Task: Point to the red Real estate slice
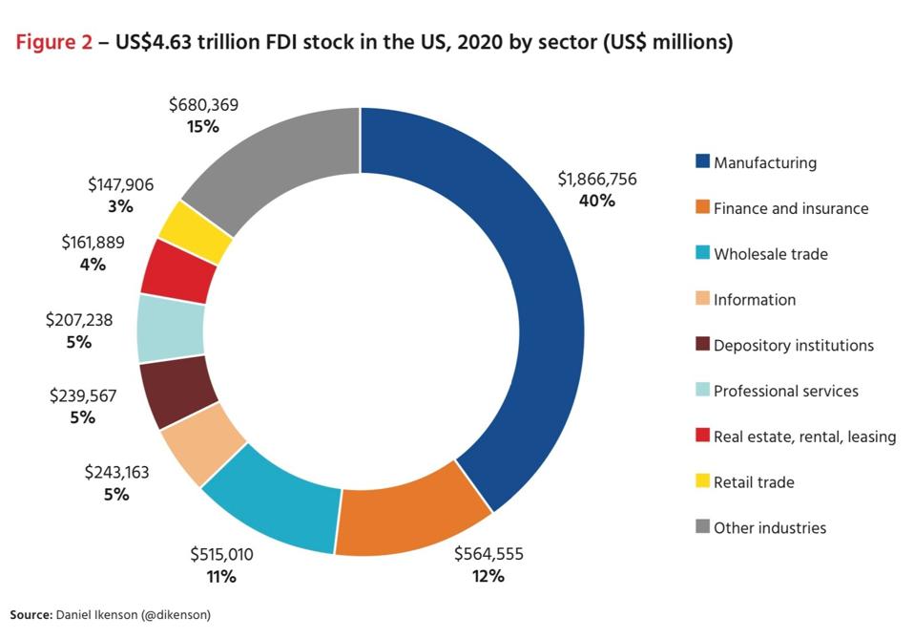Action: pyautogui.click(x=175, y=269)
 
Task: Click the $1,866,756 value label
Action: pyautogui.click(x=597, y=179)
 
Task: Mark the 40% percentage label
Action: pyautogui.click(x=597, y=202)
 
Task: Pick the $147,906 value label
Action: pyautogui.click(x=120, y=184)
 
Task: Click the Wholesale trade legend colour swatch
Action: pyautogui.click(x=702, y=253)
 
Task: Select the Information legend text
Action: pyautogui.click(x=755, y=300)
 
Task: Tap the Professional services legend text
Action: pyautogui.click(x=786, y=391)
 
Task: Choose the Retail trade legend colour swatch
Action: pyautogui.click(x=702, y=481)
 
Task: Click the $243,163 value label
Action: pyautogui.click(x=116, y=472)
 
